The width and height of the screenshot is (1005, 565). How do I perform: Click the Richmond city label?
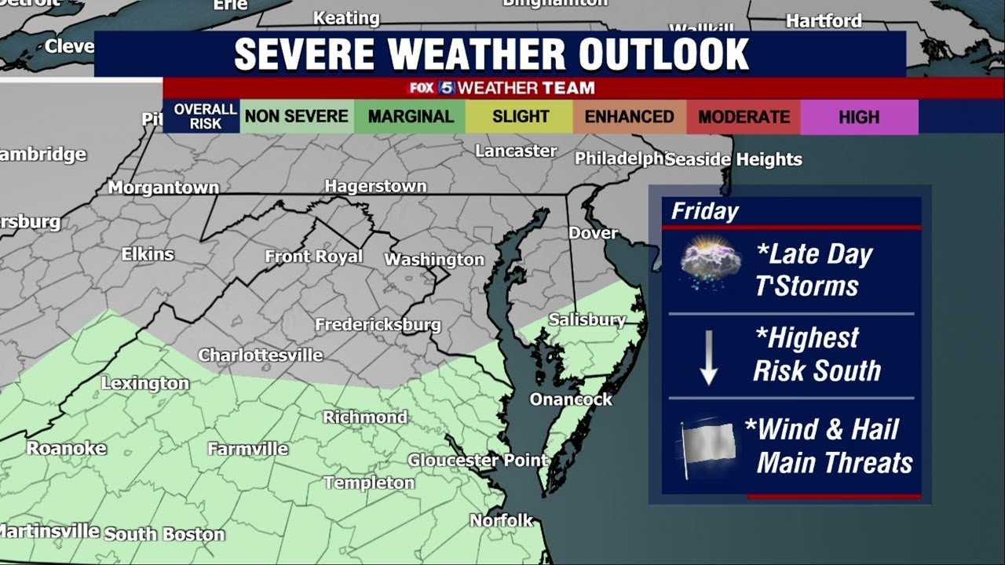pyautogui.click(x=365, y=417)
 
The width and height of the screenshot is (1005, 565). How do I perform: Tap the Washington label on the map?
pyautogui.click(x=434, y=259)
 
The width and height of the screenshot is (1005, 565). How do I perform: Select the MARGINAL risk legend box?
pyautogui.click(x=410, y=117)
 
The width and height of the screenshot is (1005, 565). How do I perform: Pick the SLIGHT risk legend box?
pyautogui.click(x=520, y=117)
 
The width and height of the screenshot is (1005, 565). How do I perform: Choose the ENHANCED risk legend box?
pyautogui.click(x=629, y=117)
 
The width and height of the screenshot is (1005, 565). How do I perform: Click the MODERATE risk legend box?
pyautogui.click(x=744, y=117)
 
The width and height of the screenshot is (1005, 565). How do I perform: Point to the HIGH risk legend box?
pyautogui.click(x=859, y=117)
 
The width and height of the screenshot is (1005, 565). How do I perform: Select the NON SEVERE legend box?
pyautogui.click(x=296, y=117)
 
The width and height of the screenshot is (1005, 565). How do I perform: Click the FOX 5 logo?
pyautogui.click(x=431, y=88)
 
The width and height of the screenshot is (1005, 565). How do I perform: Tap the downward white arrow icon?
pyautogui.click(x=709, y=357)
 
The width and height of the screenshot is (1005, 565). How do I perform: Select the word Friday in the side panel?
pyautogui.click(x=705, y=211)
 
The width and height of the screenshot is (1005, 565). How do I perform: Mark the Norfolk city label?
pyautogui.click(x=501, y=520)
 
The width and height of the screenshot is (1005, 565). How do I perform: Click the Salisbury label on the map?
pyautogui.click(x=587, y=319)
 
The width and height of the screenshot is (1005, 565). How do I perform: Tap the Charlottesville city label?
pyautogui.click(x=260, y=355)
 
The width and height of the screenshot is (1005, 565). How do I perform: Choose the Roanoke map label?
pyautogui.click(x=67, y=448)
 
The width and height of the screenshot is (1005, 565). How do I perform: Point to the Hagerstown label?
pyautogui.click(x=375, y=186)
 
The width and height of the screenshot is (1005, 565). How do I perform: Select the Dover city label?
pyautogui.click(x=593, y=233)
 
